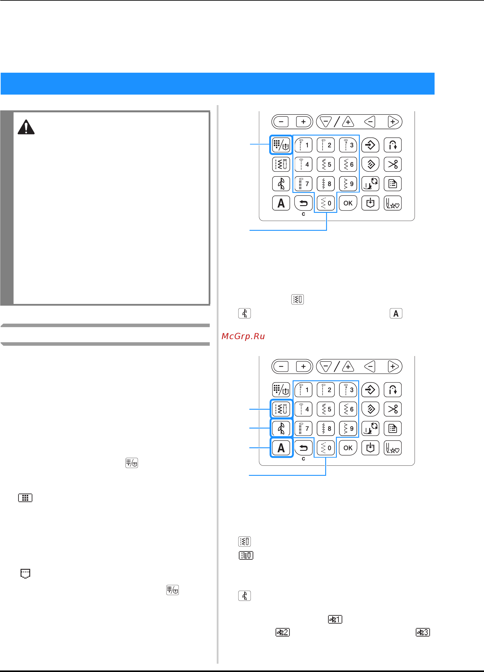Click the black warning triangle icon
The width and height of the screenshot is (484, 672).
(26, 127)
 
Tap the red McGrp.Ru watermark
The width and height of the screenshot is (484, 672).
(243, 336)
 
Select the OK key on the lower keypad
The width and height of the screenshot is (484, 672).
(348, 448)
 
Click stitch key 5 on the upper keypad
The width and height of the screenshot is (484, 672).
(326, 164)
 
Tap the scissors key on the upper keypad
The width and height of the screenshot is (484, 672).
(393, 164)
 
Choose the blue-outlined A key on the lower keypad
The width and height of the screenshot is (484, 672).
(281, 448)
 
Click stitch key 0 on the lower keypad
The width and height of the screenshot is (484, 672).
(326, 448)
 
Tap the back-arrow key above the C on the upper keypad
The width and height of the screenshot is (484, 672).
(303, 203)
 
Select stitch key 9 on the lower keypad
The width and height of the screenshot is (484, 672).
(348, 429)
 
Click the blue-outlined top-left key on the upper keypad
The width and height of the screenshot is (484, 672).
(281, 145)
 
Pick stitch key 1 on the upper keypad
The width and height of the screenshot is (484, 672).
(303, 145)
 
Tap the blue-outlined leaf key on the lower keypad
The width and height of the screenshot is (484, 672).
(281, 429)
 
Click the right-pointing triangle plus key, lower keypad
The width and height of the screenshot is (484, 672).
(393, 367)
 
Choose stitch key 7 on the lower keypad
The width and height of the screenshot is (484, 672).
(303, 429)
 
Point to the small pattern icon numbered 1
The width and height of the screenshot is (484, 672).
(335, 619)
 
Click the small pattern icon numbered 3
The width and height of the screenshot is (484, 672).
(423, 632)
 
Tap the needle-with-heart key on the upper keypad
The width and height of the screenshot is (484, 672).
(393, 203)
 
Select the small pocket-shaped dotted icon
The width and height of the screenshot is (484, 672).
(25, 573)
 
